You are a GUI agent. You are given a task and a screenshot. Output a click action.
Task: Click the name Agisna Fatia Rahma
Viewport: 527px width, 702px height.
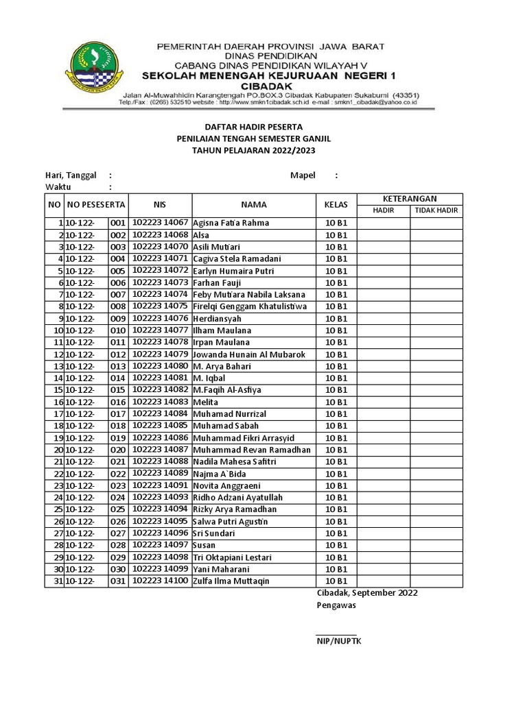click(231, 223)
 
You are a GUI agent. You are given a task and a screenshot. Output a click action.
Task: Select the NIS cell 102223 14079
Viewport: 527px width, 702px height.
click(160, 354)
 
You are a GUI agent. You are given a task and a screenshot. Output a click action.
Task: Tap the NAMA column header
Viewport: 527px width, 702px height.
click(253, 204)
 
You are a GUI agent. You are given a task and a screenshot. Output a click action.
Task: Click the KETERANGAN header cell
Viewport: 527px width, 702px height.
click(410, 198)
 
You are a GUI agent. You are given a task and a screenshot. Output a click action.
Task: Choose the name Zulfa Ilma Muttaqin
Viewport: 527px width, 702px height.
click(231, 581)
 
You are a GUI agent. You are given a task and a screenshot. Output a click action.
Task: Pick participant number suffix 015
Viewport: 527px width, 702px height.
click(118, 390)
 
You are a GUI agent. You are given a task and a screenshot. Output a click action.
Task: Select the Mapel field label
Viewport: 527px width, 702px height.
click(303, 175)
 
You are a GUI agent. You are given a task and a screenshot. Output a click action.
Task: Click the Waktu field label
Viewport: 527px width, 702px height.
click(58, 187)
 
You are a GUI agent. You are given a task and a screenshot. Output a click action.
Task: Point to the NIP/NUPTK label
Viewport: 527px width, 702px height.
click(338, 641)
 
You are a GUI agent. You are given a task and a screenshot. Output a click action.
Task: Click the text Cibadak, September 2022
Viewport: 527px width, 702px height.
click(366, 593)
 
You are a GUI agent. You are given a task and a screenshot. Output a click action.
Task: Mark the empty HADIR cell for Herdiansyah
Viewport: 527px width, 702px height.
click(384, 318)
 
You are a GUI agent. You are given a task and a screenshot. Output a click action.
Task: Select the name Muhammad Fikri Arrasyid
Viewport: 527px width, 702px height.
click(244, 438)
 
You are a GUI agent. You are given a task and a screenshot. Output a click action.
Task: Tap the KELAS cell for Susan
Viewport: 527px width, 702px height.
click(336, 546)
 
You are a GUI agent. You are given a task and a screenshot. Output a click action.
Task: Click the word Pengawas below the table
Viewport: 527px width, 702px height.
click(336, 606)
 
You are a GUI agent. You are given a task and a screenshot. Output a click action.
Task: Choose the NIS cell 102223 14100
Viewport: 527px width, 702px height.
click(160, 581)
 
